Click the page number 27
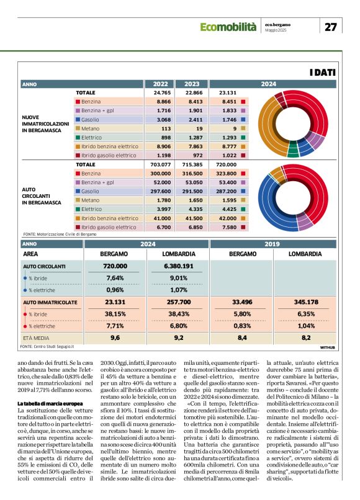[x=331, y=27]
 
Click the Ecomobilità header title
[x=228, y=27]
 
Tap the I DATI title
[x=322, y=73]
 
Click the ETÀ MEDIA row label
[x=36, y=338]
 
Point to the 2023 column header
[x=192, y=84]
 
